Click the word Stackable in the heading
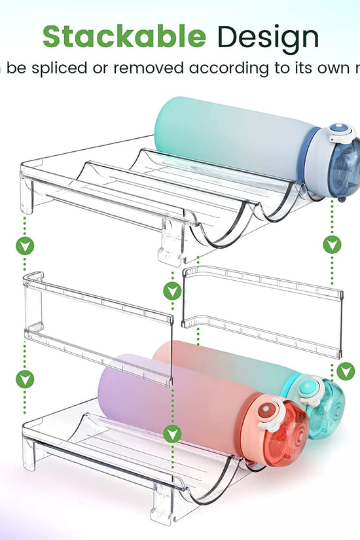click(x=124, y=37)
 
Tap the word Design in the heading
click(x=268, y=37)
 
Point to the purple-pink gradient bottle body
click(x=170, y=406)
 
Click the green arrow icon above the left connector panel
click(x=25, y=247)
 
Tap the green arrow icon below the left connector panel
click(x=25, y=378)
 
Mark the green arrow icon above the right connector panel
click(x=332, y=245)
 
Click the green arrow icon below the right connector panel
click(x=346, y=371)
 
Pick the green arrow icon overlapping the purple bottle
click(x=172, y=433)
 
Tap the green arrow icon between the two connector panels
click(x=172, y=291)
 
